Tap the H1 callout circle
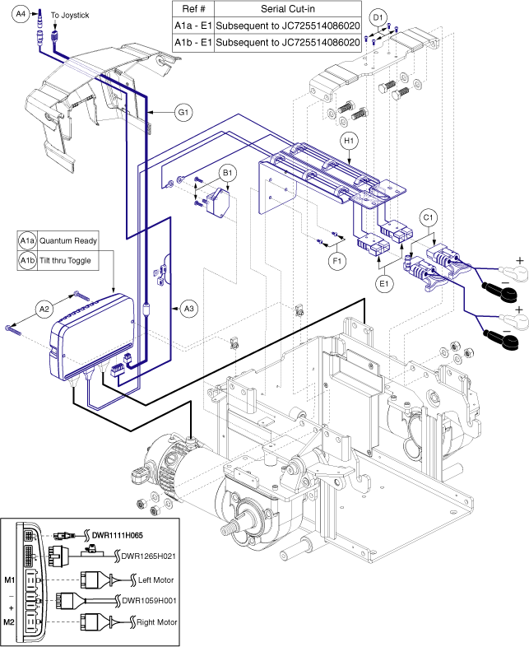coord(350,142)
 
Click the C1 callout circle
coord(428,219)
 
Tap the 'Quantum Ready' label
coord(68,241)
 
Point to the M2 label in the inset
coord(10,622)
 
